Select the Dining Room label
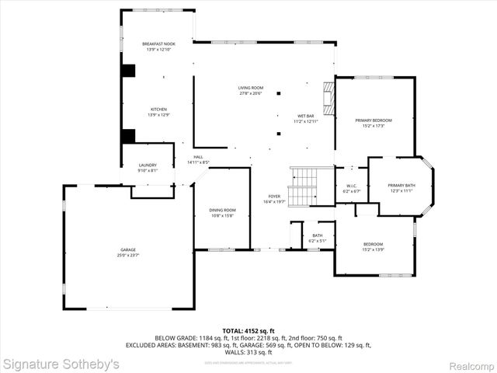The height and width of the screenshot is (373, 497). click(x=221, y=213)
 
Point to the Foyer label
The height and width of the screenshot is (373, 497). click(x=274, y=199)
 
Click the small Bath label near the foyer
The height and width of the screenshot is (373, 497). click(x=318, y=238)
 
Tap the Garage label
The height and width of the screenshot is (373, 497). click(x=127, y=252)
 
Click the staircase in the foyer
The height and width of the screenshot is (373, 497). click(x=304, y=186)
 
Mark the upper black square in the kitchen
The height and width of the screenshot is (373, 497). click(x=128, y=70)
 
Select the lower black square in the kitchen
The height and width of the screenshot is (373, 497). click(x=128, y=135)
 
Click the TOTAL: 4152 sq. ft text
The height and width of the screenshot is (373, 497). click(x=248, y=331)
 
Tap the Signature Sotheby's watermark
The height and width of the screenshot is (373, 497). click(x=61, y=364)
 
